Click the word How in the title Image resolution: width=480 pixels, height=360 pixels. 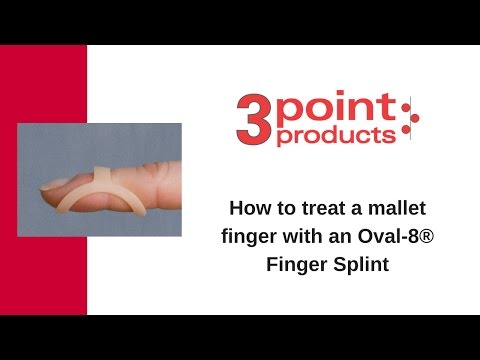coord(249,210)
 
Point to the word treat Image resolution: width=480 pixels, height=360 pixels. coord(315,210)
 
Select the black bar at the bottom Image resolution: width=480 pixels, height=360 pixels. coord(240,337)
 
